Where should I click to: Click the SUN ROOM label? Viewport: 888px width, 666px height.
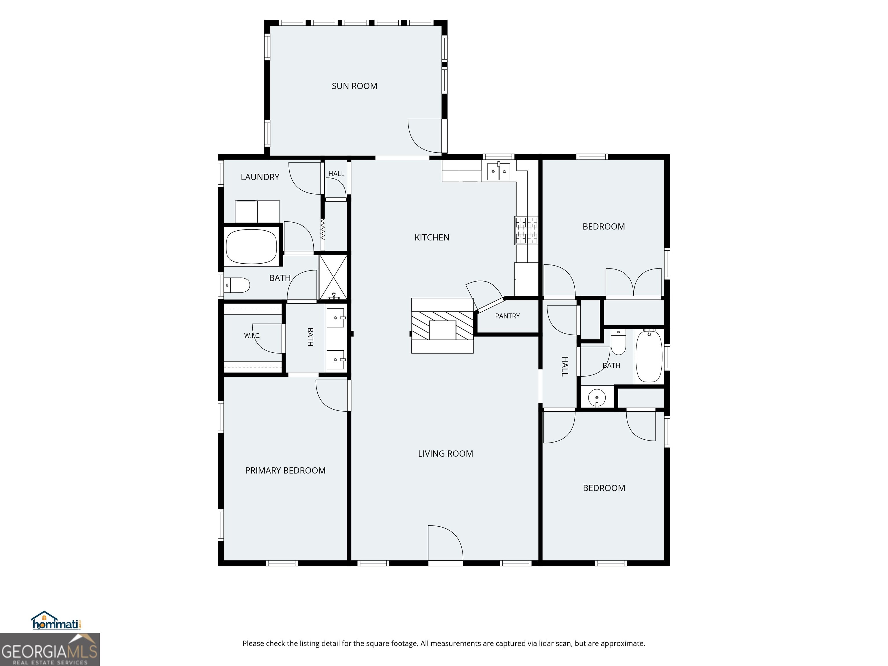[354, 86]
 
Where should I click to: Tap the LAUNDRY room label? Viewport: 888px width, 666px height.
[260, 177]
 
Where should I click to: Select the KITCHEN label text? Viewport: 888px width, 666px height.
[432, 237]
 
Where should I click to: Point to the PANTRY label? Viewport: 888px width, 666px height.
[507, 316]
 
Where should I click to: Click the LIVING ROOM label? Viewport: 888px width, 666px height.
[446, 454]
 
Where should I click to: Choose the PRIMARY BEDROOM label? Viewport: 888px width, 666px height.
[285, 471]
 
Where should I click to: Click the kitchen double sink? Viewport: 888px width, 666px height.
[499, 171]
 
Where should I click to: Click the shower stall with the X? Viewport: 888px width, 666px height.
[333, 277]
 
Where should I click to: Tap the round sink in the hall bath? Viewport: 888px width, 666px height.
[597, 398]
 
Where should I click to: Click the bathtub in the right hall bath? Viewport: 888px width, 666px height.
[649, 356]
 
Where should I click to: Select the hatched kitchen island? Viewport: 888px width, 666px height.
[442, 325]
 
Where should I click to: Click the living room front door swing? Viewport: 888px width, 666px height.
[445, 543]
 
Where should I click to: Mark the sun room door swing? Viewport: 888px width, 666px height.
[425, 136]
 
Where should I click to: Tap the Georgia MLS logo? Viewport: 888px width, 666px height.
[49, 649]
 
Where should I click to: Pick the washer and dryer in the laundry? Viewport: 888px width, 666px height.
[257, 212]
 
